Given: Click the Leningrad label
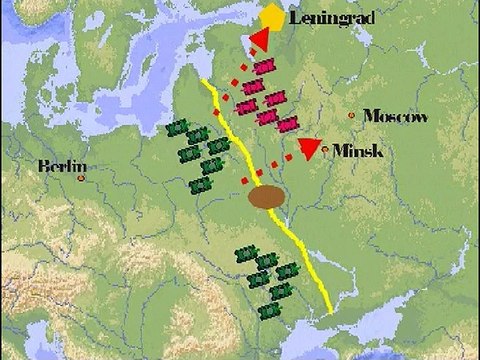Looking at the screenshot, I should pyautogui.click(x=329, y=18).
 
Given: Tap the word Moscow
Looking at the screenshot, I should pyautogui.click(x=395, y=116).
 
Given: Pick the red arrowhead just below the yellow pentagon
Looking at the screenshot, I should pyautogui.click(x=260, y=40).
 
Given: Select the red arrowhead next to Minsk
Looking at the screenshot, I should pyautogui.click(x=310, y=148).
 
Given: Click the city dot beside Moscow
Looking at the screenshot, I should pyautogui.click(x=351, y=116).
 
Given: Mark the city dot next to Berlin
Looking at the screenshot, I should pyautogui.click(x=81, y=178).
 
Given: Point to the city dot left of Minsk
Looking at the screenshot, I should pyautogui.click(x=328, y=149).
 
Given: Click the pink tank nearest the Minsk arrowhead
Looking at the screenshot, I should pyautogui.click(x=288, y=124).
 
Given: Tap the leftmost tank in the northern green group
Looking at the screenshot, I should pyautogui.click(x=177, y=131).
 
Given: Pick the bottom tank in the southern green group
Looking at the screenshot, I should pyautogui.click(x=270, y=311).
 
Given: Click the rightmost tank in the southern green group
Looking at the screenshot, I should pyautogui.click(x=291, y=270).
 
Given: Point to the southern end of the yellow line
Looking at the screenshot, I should pyautogui.click(x=329, y=312).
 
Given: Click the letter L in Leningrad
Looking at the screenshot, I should pyautogui.click(x=295, y=18).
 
